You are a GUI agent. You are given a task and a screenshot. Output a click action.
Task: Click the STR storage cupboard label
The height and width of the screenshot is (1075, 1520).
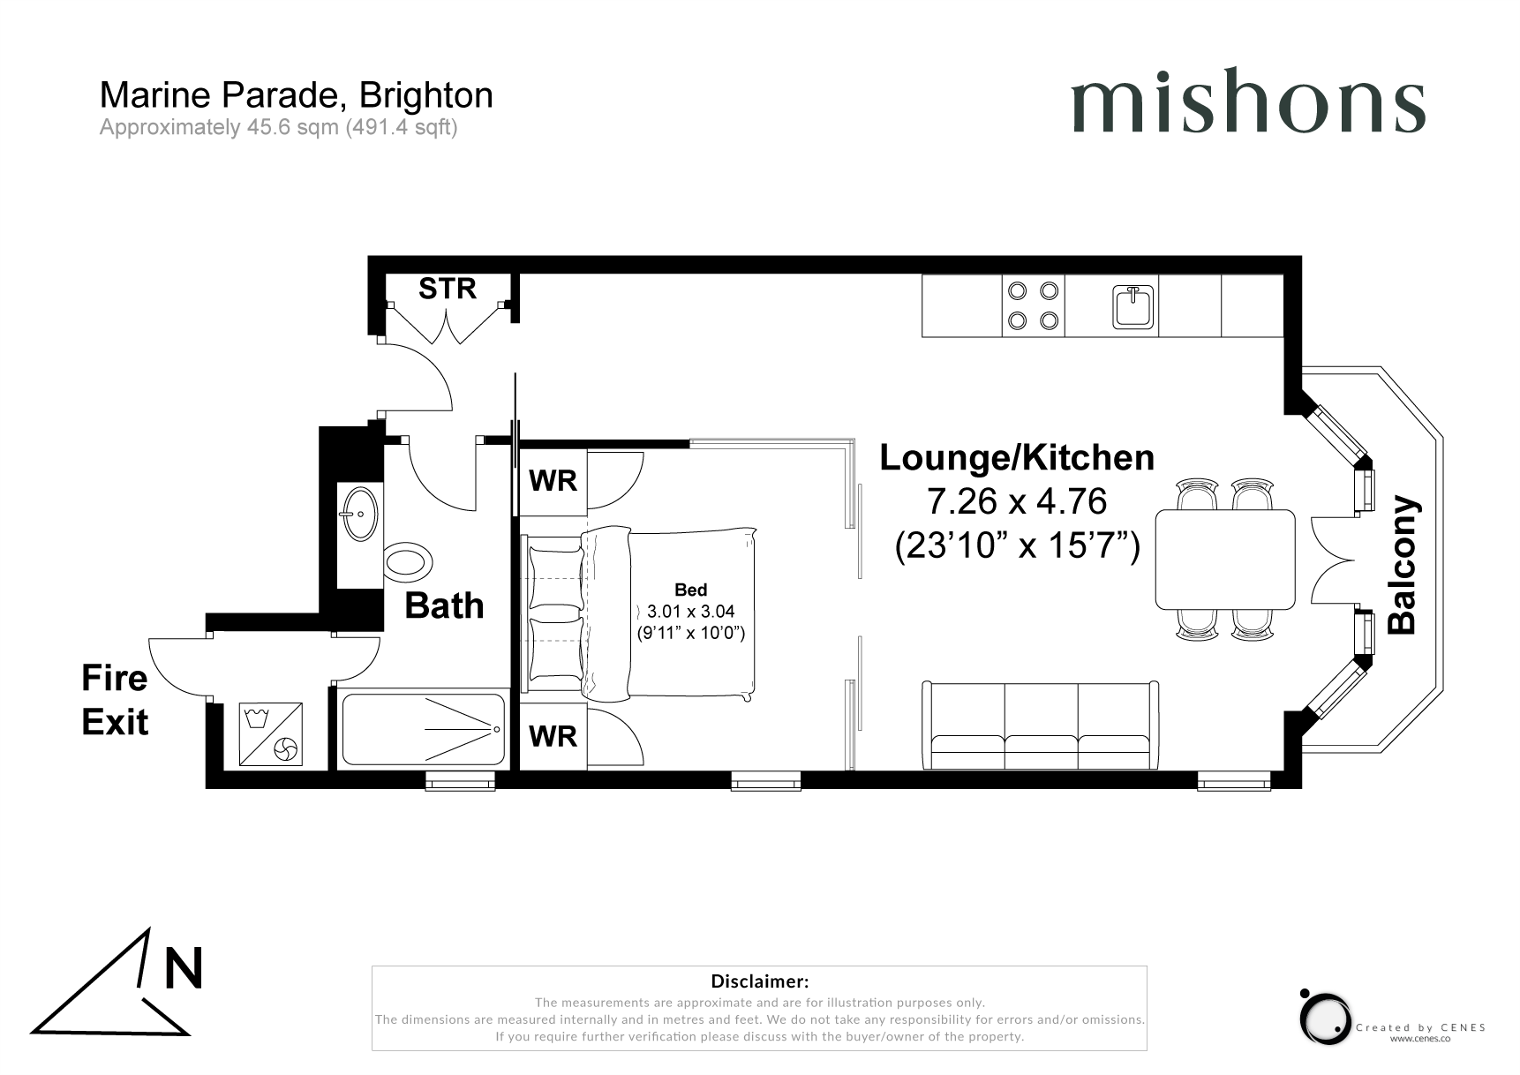click(448, 289)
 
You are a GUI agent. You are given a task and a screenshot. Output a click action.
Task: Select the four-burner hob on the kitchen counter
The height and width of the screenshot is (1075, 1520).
click(1034, 305)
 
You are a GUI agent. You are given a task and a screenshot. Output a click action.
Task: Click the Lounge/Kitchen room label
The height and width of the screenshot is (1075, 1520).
click(1017, 457)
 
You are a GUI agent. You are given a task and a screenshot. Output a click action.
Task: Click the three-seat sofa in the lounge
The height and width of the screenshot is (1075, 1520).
click(1041, 725)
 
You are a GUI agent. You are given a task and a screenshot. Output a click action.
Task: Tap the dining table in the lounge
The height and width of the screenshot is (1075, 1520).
click(1225, 560)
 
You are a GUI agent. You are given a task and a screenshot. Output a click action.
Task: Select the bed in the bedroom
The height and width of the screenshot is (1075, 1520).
click(641, 613)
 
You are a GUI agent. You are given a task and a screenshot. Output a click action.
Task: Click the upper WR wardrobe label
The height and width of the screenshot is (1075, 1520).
click(553, 481)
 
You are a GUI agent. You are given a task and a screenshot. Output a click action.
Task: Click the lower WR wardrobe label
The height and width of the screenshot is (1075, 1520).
click(553, 736)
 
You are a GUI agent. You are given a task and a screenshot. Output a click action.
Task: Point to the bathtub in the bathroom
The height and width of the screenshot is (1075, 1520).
click(424, 730)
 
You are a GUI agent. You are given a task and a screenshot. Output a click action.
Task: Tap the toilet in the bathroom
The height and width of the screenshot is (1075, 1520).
click(408, 561)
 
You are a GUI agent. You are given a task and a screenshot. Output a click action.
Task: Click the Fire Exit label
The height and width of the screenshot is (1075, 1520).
click(115, 701)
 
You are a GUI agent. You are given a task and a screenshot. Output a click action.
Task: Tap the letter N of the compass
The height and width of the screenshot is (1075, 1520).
click(184, 967)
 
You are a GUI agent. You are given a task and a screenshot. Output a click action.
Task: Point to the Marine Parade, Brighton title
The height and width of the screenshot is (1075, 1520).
click(297, 95)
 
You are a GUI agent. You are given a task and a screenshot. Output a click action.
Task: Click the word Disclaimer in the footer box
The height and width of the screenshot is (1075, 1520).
click(760, 981)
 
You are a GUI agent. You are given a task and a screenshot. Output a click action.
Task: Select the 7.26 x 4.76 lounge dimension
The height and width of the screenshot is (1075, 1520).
click(1017, 501)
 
